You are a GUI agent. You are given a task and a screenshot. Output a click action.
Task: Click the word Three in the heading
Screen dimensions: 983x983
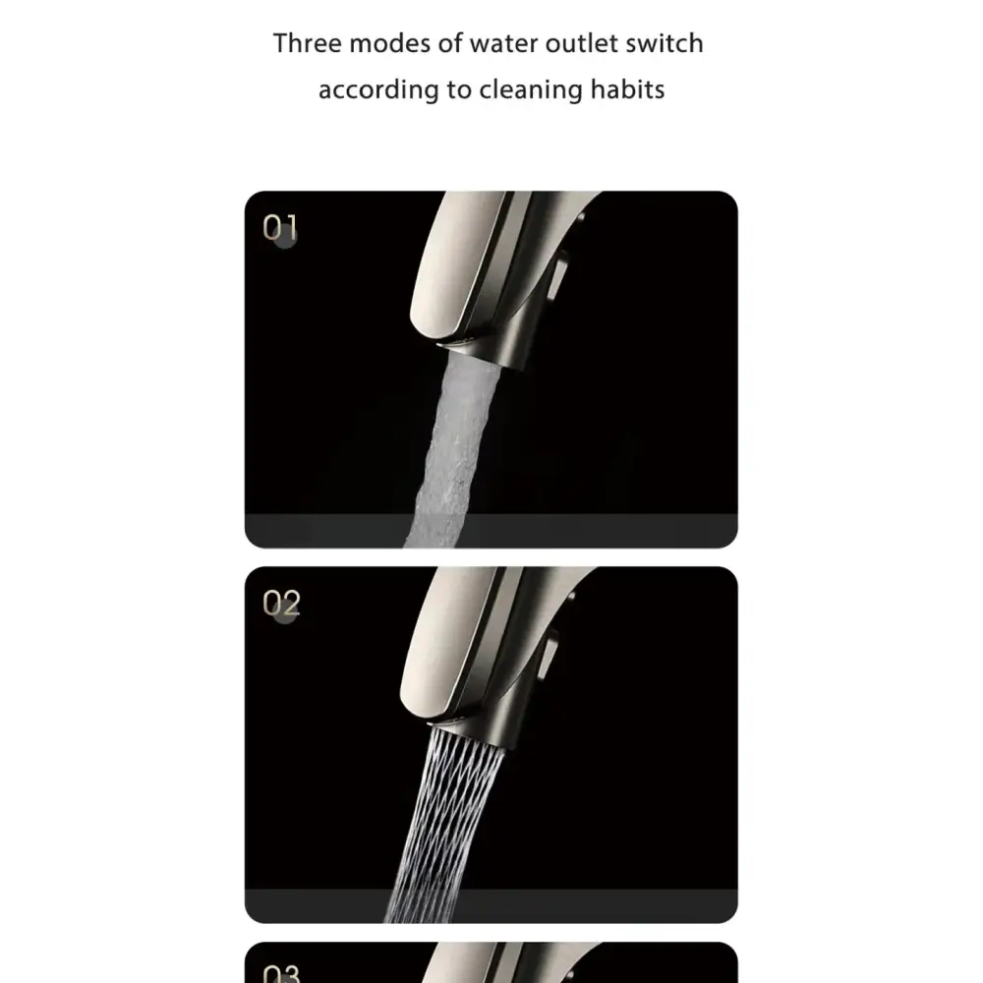[307, 43]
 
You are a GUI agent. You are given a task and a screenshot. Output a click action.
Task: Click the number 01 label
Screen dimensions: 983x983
[280, 228]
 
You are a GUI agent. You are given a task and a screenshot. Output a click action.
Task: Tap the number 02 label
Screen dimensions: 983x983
[281, 604]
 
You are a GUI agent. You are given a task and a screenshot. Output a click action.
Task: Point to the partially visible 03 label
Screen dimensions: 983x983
[281, 974]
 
